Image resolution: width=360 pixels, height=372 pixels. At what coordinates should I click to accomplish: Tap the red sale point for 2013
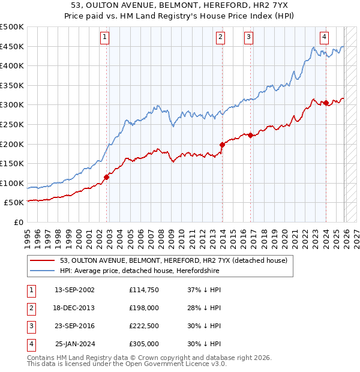point(222,145)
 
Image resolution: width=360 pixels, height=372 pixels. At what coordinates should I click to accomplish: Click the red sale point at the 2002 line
point(107,177)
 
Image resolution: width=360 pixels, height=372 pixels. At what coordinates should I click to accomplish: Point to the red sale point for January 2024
point(325,103)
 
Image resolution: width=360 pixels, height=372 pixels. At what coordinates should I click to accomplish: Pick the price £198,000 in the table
point(143,307)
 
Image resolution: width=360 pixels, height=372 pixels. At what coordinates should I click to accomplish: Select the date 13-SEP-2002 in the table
point(74,289)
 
